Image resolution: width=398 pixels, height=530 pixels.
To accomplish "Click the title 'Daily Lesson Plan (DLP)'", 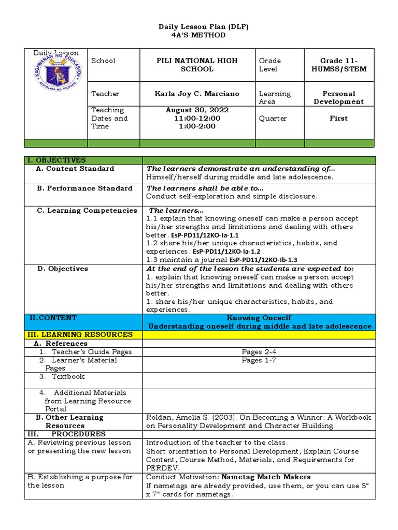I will (198, 26).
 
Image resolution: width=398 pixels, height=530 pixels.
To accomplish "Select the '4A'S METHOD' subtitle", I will (198, 35).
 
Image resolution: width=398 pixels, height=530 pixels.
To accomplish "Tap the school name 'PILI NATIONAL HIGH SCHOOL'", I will (197, 65).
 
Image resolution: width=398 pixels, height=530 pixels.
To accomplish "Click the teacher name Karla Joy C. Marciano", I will (197, 94).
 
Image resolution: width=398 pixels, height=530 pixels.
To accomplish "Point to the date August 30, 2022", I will (197, 110).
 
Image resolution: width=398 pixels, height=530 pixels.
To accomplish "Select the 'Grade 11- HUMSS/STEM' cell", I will (338, 65).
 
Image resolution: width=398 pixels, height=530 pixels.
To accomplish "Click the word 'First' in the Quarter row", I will (338, 119).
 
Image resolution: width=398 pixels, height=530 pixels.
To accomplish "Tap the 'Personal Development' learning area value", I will (338, 97).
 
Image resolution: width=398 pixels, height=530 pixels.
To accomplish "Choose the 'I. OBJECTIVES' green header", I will (58, 160).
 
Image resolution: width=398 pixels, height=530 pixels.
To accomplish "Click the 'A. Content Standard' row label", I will (75, 169).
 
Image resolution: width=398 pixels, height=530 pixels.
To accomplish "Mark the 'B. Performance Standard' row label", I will (84, 188).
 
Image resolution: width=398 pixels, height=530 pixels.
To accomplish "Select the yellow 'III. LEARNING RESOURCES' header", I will (80, 335).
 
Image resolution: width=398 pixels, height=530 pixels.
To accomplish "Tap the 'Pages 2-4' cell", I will (259, 352).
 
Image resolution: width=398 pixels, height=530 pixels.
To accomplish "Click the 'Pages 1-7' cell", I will (259, 360).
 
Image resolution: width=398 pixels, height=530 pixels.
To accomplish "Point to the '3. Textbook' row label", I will (67, 377).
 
